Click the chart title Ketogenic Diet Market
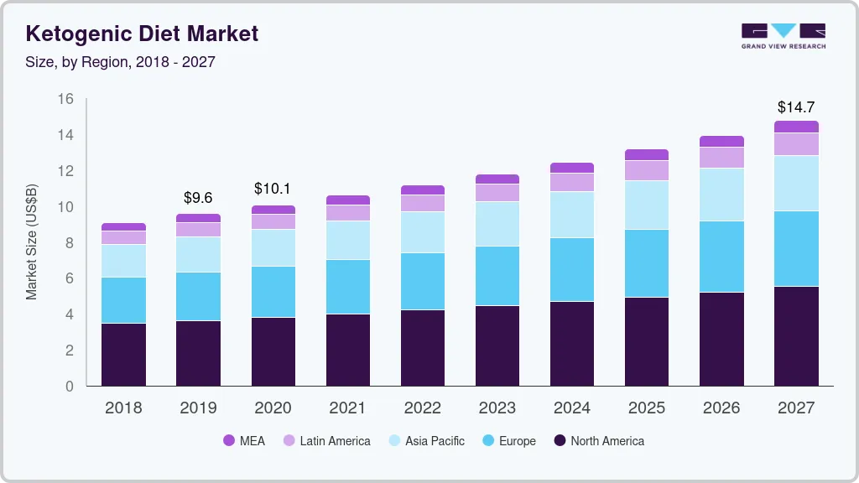pyautogui.click(x=142, y=34)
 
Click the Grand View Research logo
pyautogui.click(x=783, y=35)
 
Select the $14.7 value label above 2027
pyautogui.click(x=795, y=107)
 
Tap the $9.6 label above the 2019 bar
pyautogui.click(x=198, y=198)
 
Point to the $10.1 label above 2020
pyautogui.click(x=273, y=189)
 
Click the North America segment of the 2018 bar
pyautogui.click(x=123, y=355)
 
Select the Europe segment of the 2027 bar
pyautogui.click(x=796, y=248)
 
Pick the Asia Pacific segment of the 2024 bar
pyautogui.click(x=572, y=215)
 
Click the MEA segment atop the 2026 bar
pyautogui.click(x=721, y=142)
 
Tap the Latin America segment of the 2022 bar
pyautogui.click(x=422, y=203)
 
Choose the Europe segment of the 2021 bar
pyautogui.click(x=347, y=287)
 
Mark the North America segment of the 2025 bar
pyautogui.click(x=647, y=341)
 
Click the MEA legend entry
pyautogui.click(x=244, y=440)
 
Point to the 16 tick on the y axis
pyautogui.click(x=65, y=99)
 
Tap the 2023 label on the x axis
pyautogui.click(x=497, y=408)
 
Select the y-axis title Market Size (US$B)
pyautogui.click(x=32, y=243)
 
